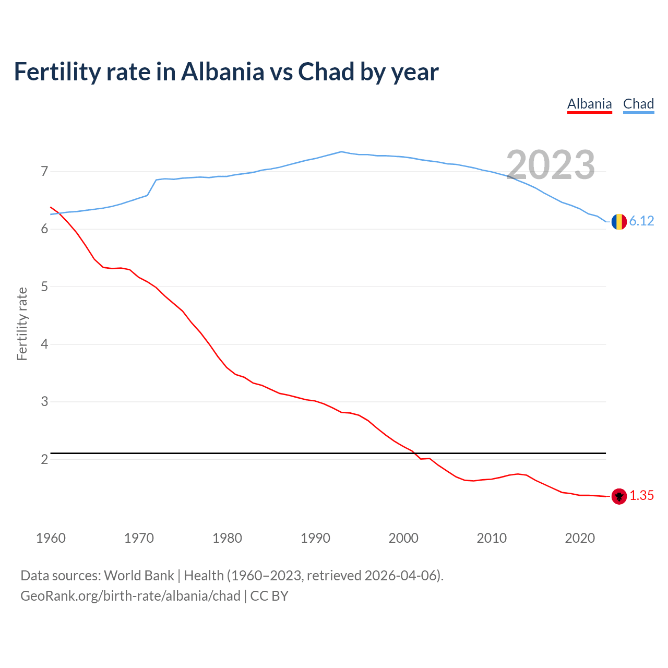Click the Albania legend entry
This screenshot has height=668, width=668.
[589, 104]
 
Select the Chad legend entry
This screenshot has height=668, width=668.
[638, 104]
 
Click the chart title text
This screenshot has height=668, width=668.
[226, 71]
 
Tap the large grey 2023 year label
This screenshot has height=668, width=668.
[551, 165]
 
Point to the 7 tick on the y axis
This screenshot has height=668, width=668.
[44, 172]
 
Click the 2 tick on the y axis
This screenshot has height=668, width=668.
[44, 459]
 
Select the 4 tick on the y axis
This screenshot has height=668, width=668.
[44, 344]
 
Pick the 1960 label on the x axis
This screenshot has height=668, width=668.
[51, 538]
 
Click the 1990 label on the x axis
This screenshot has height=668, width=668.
[315, 538]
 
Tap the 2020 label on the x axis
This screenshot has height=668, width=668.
[580, 538]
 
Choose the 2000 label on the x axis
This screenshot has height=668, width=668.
[403, 538]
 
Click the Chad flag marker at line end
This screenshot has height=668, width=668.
[619, 222]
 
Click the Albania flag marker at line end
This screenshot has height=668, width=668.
[619, 496]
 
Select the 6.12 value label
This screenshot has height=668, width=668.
[641, 221]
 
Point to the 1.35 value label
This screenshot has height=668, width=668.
[641, 496]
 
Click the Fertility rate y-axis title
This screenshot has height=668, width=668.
[22, 324]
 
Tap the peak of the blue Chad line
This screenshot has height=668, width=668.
[341, 152]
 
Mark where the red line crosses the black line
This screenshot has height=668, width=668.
[416, 454]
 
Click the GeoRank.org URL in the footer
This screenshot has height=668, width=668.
[130, 596]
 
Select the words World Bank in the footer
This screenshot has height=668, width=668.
[139, 576]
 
